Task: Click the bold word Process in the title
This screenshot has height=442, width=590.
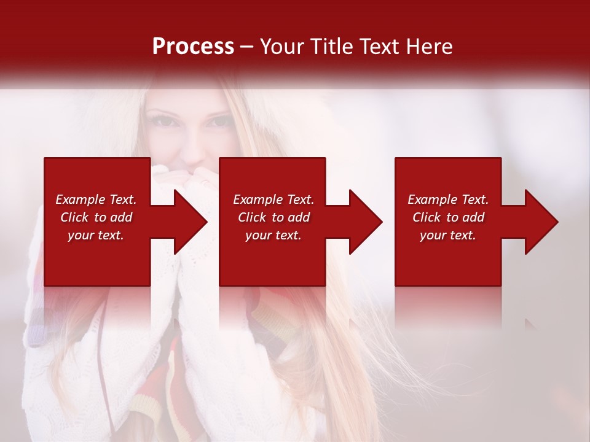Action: [x=193, y=47]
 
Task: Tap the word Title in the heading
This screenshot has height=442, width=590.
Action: [x=331, y=47]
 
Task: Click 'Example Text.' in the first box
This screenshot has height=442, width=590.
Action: [x=96, y=200]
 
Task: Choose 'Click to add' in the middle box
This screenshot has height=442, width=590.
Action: [x=273, y=217]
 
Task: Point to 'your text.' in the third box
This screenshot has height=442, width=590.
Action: [x=447, y=235]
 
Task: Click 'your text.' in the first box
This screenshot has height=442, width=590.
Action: [x=96, y=235]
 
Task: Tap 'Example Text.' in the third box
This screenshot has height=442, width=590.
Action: [x=448, y=200]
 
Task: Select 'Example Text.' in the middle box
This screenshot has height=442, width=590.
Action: [x=273, y=200]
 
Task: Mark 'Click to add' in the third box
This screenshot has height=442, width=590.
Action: [x=448, y=217]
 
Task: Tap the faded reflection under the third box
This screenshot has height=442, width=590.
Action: [x=447, y=307]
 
